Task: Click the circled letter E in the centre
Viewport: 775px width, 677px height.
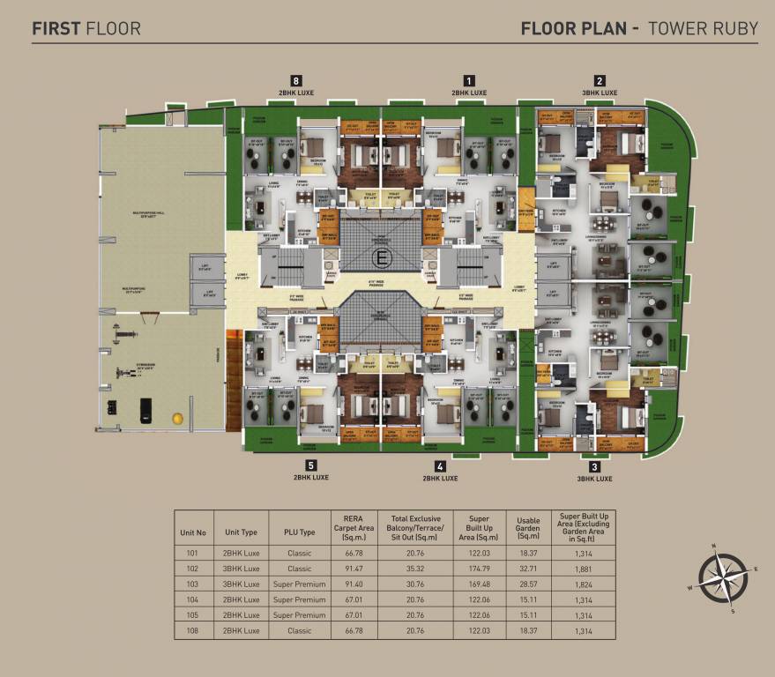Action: pos(381,258)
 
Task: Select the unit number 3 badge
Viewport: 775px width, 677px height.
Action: pos(594,466)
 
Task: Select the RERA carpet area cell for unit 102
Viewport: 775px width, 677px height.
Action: pos(347,569)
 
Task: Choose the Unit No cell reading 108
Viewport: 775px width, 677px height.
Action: pos(192,630)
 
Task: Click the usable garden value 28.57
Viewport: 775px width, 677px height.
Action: pos(529,584)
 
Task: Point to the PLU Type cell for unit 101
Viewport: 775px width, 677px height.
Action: pos(300,554)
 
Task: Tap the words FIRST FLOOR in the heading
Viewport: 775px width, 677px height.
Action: pos(86,28)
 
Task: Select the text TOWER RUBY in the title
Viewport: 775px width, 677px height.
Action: pos(703,28)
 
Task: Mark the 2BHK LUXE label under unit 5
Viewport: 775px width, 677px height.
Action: pos(310,477)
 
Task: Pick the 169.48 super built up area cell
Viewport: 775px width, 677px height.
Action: pos(479,584)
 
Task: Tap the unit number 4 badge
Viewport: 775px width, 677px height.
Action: pos(440,466)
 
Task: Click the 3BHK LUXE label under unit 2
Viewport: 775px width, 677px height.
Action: pos(600,92)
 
